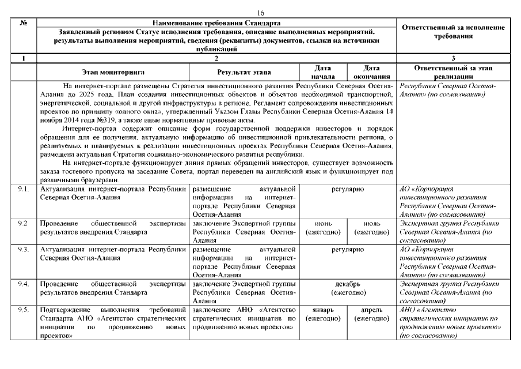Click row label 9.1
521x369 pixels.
[x=24, y=189]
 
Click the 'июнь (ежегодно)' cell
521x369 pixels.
[x=323, y=227]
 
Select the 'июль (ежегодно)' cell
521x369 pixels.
[x=372, y=227]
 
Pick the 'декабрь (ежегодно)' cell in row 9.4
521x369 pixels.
[x=348, y=288]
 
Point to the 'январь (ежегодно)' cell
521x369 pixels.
[x=323, y=314]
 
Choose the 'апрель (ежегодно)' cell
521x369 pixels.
[x=372, y=314]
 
